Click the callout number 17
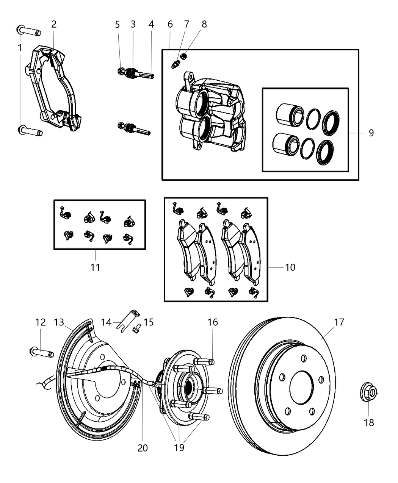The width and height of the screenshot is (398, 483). (x=339, y=322)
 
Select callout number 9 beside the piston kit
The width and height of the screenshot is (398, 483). (x=371, y=133)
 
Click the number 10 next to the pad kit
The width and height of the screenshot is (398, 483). (x=290, y=267)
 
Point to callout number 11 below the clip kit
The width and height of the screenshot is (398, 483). (x=95, y=267)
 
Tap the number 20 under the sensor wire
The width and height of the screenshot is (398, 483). (x=143, y=448)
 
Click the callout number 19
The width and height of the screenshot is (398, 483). (x=179, y=448)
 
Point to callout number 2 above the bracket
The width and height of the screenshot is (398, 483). (x=54, y=25)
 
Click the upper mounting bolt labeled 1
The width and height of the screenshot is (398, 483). (x=28, y=30)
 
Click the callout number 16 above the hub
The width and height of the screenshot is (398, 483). (x=213, y=322)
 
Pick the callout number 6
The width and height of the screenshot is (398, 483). (x=170, y=25)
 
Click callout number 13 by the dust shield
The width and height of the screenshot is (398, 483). (x=59, y=322)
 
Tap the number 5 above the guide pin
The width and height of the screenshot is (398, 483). (x=117, y=25)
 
